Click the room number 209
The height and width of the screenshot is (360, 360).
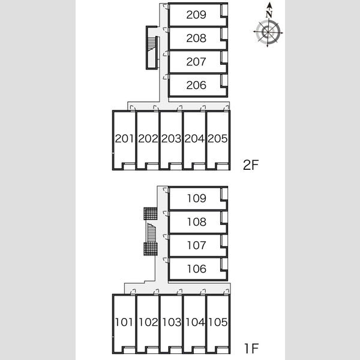pyautogui.click(x=196, y=14)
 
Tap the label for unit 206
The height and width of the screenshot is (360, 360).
pyautogui.click(x=196, y=85)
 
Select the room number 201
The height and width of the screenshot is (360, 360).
pyautogui.click(x=124, y=139)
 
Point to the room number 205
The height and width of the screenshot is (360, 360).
pyautogui.click(x=217, y=139)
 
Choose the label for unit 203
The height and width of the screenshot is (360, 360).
pyautogui.click(x=171, y=139)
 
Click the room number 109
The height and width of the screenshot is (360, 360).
pyautogui.click(x=197, y=199)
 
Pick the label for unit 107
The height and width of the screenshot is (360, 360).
pyautogui.click(x=197, y=245)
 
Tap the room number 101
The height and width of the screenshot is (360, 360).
pyautogui.click(x=124, y=322)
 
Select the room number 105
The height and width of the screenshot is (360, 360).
pyautogui.click(x=218, y=322)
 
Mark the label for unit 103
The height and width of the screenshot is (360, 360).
pyautogui.click(x=172, y=322)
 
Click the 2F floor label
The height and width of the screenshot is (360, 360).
pyautogui.click(x=251, y=165)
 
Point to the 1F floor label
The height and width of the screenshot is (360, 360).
pyautogui.click(x=251, y=348)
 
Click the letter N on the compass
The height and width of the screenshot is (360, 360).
pyautogui.click(x=269, y=14)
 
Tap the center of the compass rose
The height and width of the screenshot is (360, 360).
pyautogui.click(x=268, y=32)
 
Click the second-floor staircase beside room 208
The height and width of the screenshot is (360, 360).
pyautogui.click(x=152, y=48)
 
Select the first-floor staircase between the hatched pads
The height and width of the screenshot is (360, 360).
pyautogui.click(x=151, y=232)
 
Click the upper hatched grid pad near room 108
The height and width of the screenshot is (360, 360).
pyautogui.click(x=151, y=214)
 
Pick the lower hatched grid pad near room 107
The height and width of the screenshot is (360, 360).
pyautogui.click(x=151, y=249)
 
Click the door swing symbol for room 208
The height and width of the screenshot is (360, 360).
pyautogui.click(x=166, y=29)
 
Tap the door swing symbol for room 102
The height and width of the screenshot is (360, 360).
pyautogui.click(x=156, y=292)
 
